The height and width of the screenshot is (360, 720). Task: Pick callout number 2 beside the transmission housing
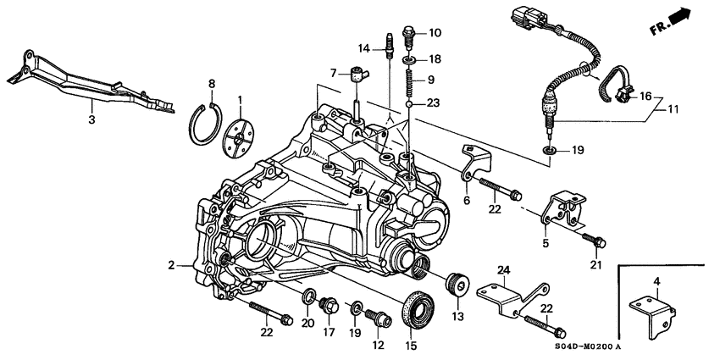[x=173, y=265]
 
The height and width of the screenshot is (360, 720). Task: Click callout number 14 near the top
[x=364, y=47]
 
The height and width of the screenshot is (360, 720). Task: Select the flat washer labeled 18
[x=409, y=60]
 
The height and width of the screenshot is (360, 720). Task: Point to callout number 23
[x=433, y=103]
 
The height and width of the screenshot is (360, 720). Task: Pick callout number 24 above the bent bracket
[x=503, y=271]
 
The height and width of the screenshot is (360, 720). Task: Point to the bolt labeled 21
[x=596, y=243]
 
